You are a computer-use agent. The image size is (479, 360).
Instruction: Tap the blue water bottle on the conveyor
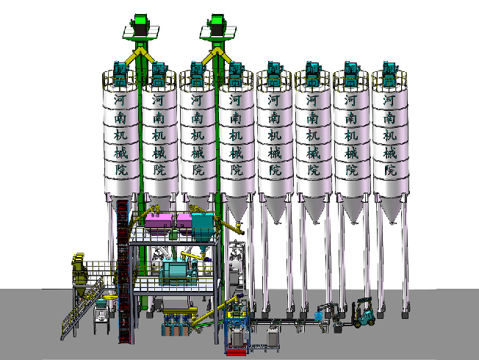[319, 315]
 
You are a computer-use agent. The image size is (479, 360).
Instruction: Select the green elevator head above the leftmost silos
[140, 26]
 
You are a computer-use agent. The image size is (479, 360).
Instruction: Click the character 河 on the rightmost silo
[389, 100]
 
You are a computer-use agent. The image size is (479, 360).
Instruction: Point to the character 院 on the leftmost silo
[121, 170]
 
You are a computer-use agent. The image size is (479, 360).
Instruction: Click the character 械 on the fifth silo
[275, 152]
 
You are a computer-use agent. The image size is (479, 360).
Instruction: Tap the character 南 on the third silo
[198, 118]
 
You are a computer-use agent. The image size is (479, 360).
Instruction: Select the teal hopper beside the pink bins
[203, 226]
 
